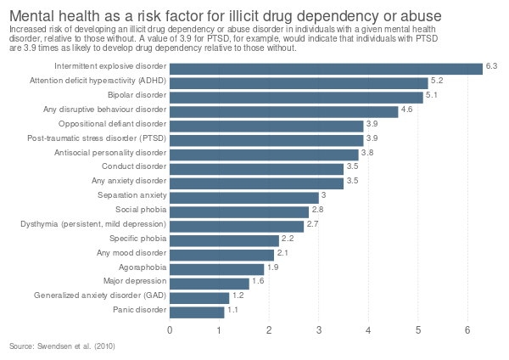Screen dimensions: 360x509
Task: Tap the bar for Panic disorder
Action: click(198, 312)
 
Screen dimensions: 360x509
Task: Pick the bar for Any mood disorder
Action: click(222, 254)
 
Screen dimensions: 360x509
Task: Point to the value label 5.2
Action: click(438, 80)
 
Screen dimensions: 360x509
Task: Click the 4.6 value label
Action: click(406, 109)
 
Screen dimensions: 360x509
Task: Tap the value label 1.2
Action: click(238, 295)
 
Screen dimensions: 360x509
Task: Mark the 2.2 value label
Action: click(288, 239)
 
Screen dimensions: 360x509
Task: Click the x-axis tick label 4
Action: click(369, 330)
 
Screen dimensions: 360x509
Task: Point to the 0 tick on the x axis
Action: click(171, 330)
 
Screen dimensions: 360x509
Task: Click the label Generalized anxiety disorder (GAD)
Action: click(98, 296)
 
